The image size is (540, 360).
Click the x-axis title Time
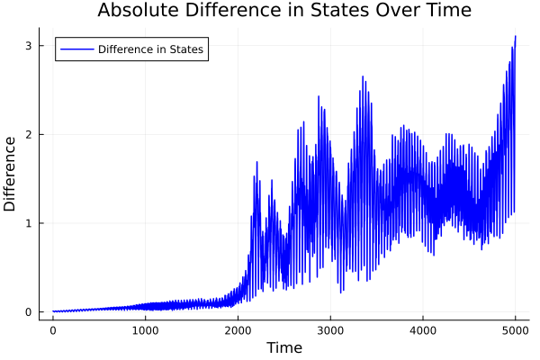283,347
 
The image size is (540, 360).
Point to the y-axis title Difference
11,174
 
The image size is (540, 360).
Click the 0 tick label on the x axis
53,330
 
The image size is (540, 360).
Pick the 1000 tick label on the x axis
145,330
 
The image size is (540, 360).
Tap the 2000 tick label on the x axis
238,330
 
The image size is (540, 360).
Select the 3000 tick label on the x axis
330,330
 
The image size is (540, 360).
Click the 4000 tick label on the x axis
422,330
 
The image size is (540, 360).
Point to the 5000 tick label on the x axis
515,330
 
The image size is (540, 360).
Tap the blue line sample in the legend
76,49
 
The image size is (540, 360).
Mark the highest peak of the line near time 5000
515,36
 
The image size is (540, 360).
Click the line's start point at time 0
53,311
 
